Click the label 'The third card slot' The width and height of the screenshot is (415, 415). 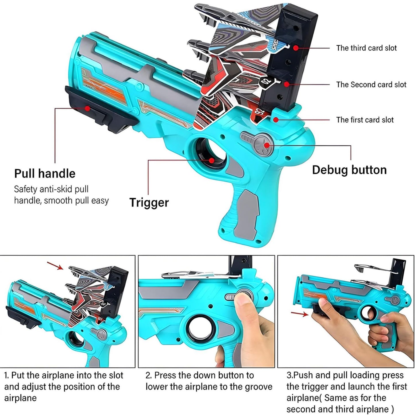point(366,48)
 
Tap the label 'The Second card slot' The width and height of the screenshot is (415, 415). point(371,84)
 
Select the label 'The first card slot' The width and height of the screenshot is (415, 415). point(365,120)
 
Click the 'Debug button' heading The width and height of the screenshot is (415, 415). point(349,170)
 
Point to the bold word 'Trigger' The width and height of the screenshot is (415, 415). point(149,203)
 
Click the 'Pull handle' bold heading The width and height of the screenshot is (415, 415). point(45,173)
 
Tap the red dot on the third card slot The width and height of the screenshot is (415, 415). point(296,48)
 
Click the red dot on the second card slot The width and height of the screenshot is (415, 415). point(287,84)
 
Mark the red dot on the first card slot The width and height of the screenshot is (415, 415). point(276,119)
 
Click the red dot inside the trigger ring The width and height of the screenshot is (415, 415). point(212,161)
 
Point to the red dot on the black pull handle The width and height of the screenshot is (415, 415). point(87,108)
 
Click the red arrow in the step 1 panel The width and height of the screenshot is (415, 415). point(55,266)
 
